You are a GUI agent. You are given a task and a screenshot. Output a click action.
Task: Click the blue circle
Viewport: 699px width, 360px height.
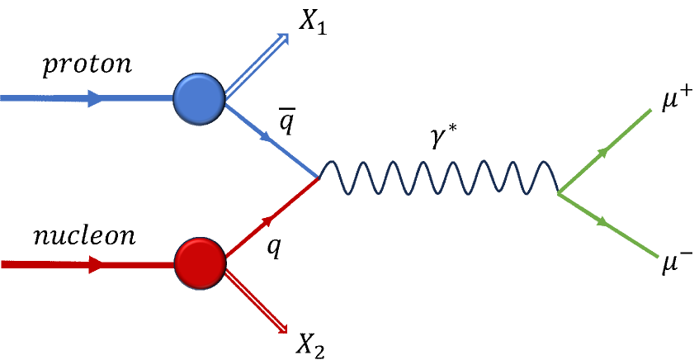pos(199,99)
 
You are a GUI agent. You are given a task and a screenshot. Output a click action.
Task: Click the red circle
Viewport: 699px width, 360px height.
pos(200,263)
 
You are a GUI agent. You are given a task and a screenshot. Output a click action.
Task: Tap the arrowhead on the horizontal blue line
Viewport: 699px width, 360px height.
pos(95,98)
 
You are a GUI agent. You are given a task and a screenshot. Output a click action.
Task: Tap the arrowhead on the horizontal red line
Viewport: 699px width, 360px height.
pos(96,264)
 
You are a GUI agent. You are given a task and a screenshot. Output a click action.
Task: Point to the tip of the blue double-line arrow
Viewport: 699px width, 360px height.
pos(286,35)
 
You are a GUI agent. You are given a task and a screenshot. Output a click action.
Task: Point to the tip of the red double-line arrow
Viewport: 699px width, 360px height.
pos(285,331)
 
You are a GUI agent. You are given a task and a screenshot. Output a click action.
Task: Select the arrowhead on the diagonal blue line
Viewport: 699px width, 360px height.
pos(267,137)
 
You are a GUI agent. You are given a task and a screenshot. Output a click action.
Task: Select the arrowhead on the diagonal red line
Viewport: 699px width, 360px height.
pos(267,220)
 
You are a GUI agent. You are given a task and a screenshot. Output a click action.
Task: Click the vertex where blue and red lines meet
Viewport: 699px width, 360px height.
pos(318,178)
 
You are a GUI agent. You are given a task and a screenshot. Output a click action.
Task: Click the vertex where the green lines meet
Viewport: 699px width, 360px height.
pos(559,194)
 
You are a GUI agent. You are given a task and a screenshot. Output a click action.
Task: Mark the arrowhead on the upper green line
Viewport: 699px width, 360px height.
pos(603,152)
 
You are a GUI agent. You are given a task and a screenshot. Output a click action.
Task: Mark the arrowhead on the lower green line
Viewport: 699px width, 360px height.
pos(603,221)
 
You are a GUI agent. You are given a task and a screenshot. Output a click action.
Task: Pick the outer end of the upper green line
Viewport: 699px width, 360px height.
pos(651,110)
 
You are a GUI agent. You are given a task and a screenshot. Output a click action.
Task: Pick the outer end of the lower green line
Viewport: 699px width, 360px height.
pos(658,257)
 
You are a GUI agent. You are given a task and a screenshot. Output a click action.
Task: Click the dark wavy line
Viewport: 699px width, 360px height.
pos(437,178)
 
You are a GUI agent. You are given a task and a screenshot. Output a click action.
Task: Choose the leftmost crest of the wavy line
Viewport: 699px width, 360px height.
pos(330,163)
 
